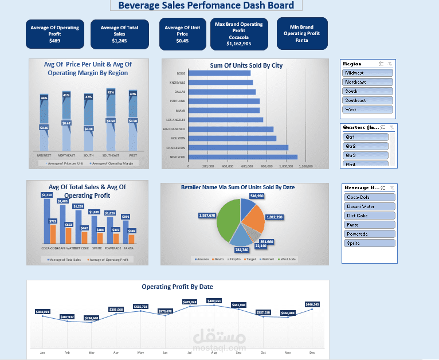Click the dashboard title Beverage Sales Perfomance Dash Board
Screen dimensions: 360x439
pos(206,6)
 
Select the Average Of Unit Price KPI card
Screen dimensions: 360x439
pos(182,34)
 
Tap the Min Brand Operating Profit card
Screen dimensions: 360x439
pos(301,33)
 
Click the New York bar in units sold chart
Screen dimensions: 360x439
pos(242,156)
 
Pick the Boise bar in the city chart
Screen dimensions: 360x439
pos(219,73)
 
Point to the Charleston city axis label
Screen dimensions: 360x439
pos(177,147)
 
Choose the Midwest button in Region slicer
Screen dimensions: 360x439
pos(367,73)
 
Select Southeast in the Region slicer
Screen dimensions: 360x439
pos(367,100)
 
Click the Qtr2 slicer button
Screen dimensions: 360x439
pos(365,146)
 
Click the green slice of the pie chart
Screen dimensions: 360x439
pos(229,221)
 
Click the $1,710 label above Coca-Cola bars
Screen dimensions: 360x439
pos(46,195)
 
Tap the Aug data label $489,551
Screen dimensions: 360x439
pos(214,300)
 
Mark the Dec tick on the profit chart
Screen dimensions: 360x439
pos(312,353)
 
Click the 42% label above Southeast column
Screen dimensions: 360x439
pos(111,92)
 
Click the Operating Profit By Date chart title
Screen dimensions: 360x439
pos(177,287)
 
